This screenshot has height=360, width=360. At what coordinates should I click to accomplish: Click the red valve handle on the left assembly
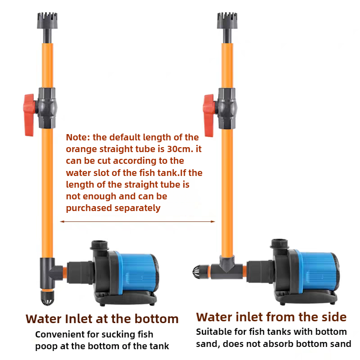pyautogui.click(x=29, y=115)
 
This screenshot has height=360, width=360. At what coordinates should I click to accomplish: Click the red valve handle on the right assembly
pyautogui.click(x=209, y=115)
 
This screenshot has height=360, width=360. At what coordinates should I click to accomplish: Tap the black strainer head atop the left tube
pyautogui.click(x=47, y=21)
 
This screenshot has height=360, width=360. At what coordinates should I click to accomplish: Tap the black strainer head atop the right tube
pyautogui.click(x=227, y=21)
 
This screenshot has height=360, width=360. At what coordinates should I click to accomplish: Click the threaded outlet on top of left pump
pyautogui.click(x=99, y=246)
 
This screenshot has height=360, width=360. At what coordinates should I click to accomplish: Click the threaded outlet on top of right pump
pyautogui.click(x=279, y=244)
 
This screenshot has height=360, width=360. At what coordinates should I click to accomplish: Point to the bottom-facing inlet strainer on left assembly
pyautogui.click(x=47, y=298)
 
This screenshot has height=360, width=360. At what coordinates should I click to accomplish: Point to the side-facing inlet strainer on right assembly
pyautogui.click(x=199, y=272)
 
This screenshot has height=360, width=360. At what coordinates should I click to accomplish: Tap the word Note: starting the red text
pyautogui.click(x=78, y=137)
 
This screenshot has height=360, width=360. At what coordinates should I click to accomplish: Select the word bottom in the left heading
pyautogui.click(x=156, y=319)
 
